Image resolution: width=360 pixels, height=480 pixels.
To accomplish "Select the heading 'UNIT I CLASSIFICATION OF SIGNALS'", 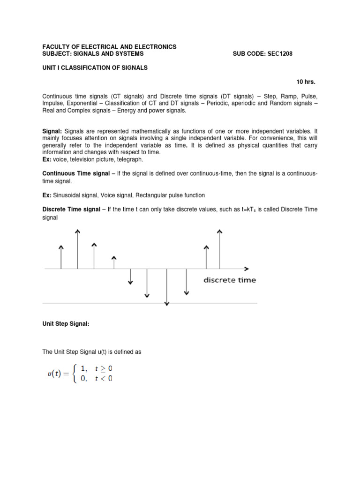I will [95, 67].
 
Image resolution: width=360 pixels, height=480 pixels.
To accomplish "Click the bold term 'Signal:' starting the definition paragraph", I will [52, 131].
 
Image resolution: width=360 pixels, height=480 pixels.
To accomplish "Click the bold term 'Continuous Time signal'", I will [75, 173].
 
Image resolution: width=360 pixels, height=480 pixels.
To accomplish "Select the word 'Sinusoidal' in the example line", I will [67, 195].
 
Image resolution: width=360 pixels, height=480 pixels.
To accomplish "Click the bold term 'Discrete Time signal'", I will [72, 210].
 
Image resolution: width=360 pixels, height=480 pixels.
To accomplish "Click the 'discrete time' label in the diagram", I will [230, 280].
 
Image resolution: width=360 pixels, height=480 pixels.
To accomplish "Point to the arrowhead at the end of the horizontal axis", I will [246, 269].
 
